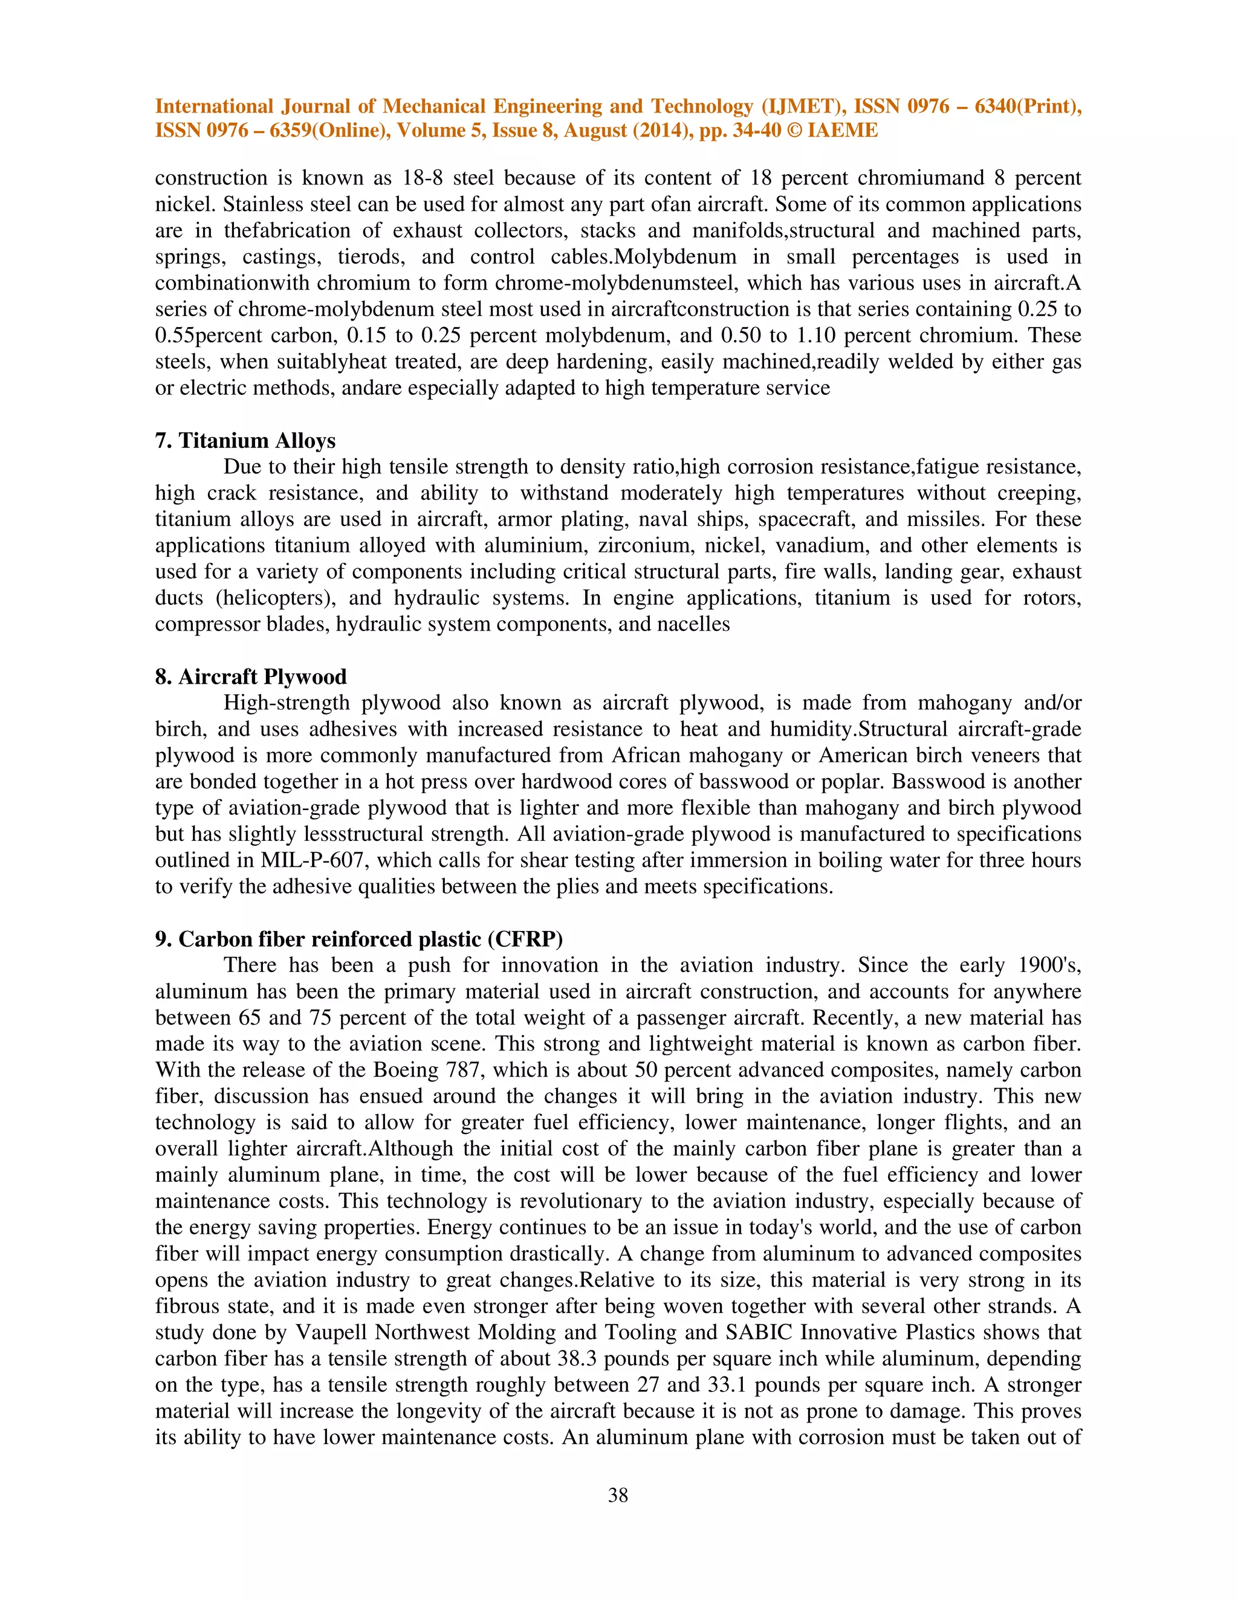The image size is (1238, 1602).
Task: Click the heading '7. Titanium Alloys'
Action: coord(245,440)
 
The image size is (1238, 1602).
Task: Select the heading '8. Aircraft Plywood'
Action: coord(251,676)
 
